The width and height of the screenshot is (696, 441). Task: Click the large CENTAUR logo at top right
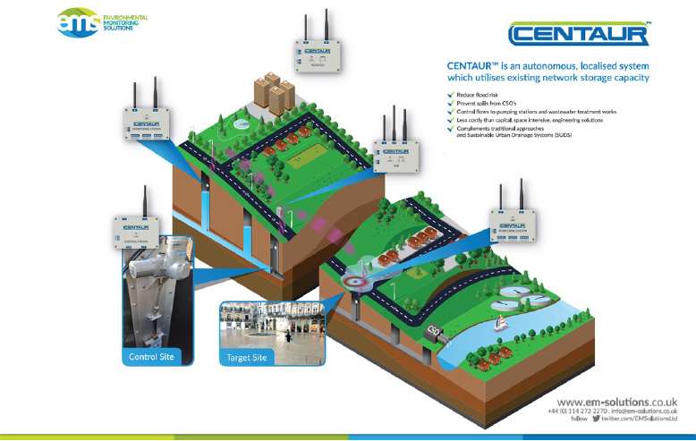click(578, 35)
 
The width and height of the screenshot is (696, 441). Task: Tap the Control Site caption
click(149, 357)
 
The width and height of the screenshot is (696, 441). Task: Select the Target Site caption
click(246, 357)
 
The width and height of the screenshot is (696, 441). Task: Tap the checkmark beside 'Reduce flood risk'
click(450, 95)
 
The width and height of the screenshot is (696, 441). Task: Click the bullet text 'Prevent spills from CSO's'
click(482, 103)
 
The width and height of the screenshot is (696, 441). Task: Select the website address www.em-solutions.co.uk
click(616, 402)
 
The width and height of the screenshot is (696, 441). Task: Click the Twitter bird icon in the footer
click(596, 419)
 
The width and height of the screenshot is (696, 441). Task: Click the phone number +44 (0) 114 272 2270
click(578, 411)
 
